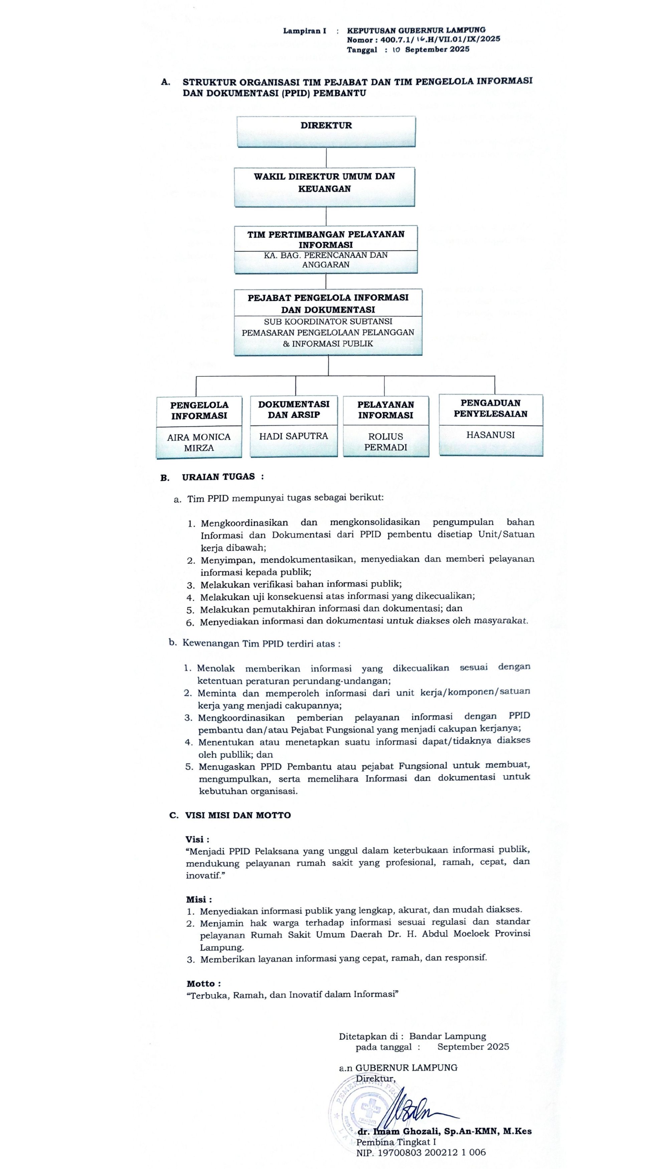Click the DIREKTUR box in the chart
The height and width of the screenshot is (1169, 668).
[x=326, y=131]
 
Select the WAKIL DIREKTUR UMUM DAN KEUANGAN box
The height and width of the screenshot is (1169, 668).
[x=324, y=186]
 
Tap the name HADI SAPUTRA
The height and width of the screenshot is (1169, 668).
[x=294, y=436]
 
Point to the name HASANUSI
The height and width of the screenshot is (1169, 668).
[x=490, y=435]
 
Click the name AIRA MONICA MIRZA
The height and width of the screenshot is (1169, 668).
[x=199, y=442]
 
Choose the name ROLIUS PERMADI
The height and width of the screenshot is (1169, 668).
[x=386, y=442]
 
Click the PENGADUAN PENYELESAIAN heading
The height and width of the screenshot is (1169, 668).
[x=490, y=408]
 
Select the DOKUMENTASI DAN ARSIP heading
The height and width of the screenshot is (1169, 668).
[x=294, y=409]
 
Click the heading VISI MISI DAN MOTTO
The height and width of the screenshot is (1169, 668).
[x=238, y=815]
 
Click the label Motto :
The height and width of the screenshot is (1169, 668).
[x=204, y=984]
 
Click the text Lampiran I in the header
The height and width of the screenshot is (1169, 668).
[x=304, y=31]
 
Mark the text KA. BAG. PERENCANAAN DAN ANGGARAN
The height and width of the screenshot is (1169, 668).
[x=326, y=260]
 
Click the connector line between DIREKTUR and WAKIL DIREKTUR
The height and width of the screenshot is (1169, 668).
[x=326, y=157]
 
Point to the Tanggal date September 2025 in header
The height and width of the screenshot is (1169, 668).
[x=437, y=49]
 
